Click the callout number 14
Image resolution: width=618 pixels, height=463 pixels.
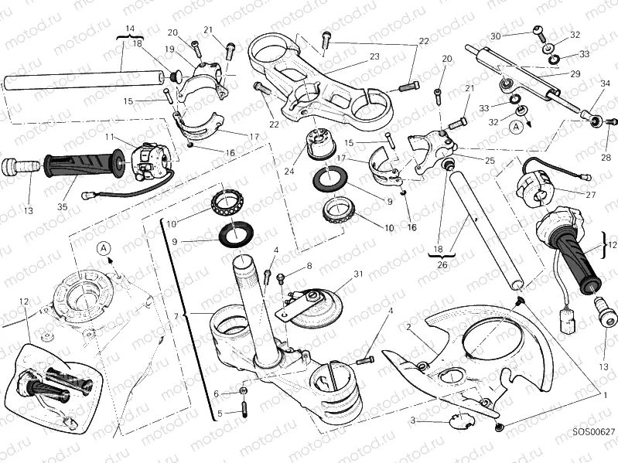point(130,29)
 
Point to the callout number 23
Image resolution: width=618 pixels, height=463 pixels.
point(374,56)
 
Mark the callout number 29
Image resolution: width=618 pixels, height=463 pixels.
point(575,73)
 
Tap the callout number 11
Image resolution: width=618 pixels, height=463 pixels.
point(110,137)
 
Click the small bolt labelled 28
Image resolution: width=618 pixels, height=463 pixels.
point(610,121)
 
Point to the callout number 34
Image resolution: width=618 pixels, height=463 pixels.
point(604,84)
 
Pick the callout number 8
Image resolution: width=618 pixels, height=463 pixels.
point(309,266)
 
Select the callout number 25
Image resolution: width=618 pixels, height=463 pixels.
point(489,160)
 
